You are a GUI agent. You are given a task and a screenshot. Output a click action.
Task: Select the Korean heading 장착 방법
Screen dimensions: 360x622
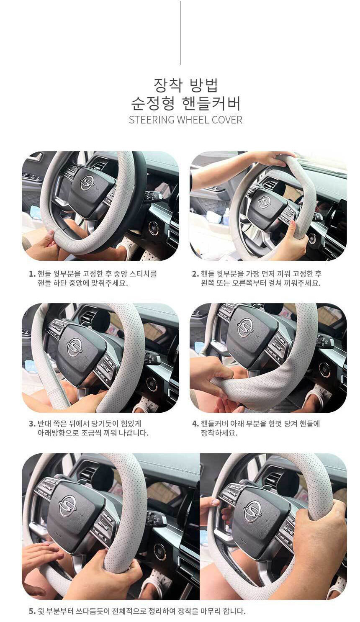click(x=186, y=85)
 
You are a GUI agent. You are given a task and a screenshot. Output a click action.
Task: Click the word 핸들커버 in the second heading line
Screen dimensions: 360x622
click(x=211, y=103)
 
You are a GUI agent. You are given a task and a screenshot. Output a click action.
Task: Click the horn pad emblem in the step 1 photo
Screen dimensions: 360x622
click(x=87, y=183)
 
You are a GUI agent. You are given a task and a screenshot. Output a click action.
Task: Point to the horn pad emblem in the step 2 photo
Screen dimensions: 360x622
click(x=264, y=202)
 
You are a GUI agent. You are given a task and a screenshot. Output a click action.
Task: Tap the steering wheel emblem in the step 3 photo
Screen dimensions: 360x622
click(x=75, y=347)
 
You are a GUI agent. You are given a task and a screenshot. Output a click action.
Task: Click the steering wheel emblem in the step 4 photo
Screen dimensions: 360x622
click(x=245, y=327)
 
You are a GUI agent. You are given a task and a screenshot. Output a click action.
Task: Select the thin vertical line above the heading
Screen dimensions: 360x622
click(x=180, y=33)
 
